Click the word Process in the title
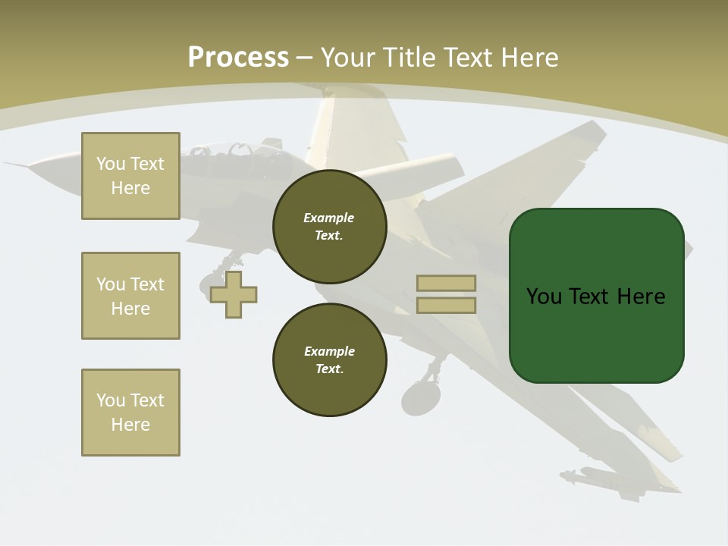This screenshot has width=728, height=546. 238,58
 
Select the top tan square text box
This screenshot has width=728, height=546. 130,176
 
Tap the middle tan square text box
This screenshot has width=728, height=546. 130,296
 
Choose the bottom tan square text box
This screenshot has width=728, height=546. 130,413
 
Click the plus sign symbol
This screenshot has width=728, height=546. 234,294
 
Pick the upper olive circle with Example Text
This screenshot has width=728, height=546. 330,226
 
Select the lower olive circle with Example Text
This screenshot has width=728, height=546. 330,359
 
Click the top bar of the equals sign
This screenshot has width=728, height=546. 446,283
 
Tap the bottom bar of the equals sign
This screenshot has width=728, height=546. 446,305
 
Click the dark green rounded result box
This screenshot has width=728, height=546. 596,296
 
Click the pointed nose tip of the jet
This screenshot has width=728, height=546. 9,163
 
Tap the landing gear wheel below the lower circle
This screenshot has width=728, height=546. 420,397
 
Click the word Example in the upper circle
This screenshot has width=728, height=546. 328,218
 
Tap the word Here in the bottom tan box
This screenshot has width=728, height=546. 130,425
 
